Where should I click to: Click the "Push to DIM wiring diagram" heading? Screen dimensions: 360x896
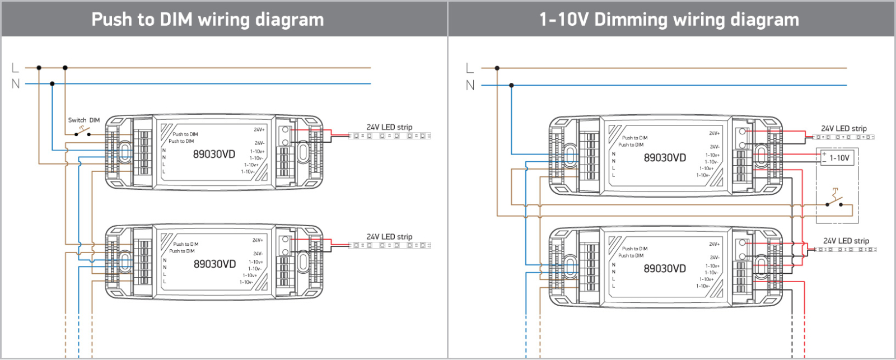208,20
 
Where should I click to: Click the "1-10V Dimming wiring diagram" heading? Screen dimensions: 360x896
669,20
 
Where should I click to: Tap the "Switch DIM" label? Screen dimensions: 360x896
84,120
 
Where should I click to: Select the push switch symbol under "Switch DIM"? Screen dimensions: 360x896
83,132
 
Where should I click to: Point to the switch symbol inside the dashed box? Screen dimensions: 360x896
835,200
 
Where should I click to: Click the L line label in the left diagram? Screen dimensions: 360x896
15,68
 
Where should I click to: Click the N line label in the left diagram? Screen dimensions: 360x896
15,84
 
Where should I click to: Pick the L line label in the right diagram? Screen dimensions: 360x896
470,68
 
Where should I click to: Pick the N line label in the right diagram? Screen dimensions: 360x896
470,85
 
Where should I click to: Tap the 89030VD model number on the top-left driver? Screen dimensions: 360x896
214,154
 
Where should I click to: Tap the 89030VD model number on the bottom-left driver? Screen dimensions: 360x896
214,264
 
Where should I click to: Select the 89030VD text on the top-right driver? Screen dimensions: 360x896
665,158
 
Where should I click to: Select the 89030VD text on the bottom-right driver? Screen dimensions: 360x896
665,269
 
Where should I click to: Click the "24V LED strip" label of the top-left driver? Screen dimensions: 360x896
389,127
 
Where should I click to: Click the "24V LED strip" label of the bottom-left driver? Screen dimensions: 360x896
389,237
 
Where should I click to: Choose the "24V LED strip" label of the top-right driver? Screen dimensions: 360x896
843,129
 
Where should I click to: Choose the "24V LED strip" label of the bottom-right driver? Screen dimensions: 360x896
846,241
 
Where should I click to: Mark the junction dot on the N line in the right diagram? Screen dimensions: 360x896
511,86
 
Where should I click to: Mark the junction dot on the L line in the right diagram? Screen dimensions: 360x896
497,68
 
